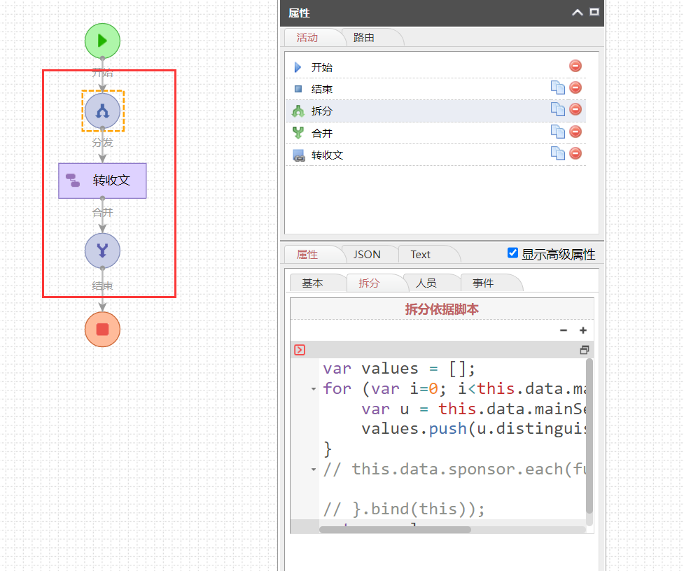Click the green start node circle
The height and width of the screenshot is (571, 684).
pos(102,40)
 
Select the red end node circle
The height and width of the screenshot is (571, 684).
pos(102,329)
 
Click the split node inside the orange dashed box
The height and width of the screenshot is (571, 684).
pos(102,111)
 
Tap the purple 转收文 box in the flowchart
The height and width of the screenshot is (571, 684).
pos(102,181)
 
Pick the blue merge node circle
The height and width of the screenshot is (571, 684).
pos(102,251)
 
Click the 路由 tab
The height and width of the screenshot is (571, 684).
pos(363,38)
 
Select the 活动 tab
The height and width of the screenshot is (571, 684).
pos(307,38)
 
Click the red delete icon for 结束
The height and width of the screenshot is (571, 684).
pos(575,87)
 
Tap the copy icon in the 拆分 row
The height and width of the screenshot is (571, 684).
pos(557,109)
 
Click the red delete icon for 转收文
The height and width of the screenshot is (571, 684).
pos(575,153)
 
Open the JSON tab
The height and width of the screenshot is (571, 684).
pos(367,255)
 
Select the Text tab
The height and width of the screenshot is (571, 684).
pos(421,255)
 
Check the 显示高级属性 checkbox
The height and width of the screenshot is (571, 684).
pos(513,253)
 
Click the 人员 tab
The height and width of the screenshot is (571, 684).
pos(426,283)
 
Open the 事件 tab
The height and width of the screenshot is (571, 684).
pos(483,283)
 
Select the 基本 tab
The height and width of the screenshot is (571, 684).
pos(312,283)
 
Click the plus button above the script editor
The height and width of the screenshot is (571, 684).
pos(582,330)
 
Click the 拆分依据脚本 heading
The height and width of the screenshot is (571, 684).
pos(442,309)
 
